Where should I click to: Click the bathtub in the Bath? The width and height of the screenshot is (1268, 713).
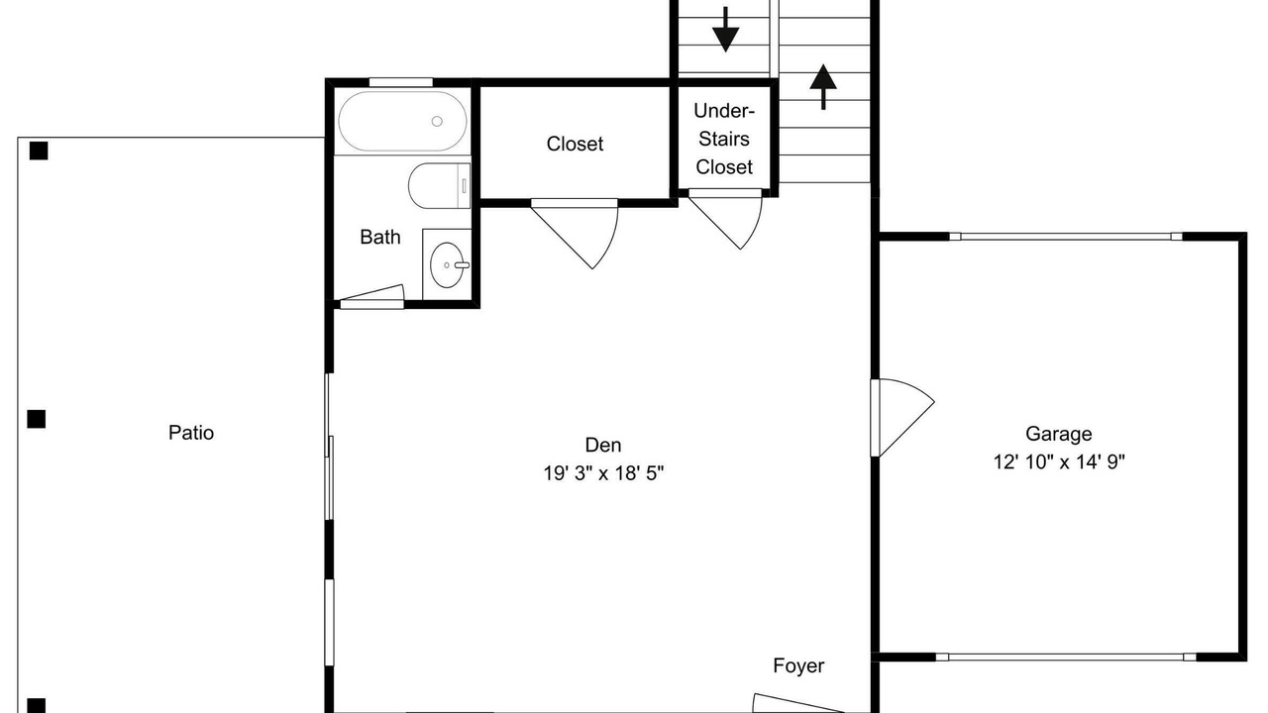pos(402,121)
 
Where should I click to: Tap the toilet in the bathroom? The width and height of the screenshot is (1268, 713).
pos(439,185)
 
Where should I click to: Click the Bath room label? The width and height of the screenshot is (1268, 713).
pos(380,237)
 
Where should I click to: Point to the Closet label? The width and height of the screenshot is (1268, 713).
pos(575,144)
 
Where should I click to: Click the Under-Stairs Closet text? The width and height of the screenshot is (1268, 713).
pos(724,139)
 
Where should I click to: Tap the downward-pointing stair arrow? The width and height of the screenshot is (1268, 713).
pos(725,30)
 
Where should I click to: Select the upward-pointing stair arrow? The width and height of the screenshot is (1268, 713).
pos(823,86)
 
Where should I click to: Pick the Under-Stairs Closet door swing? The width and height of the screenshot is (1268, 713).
pos(726,220)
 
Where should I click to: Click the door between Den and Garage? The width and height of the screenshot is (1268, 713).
pos(902,418)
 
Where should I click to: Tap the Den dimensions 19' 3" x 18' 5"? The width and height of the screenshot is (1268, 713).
pos(603,473)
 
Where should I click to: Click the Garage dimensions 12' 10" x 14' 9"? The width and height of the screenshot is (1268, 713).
pos(1059,462)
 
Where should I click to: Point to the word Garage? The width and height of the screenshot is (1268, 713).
pos(1059,434)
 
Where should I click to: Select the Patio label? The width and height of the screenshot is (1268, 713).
pos(191,433)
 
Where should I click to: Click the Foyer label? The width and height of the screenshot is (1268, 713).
pos(798,665)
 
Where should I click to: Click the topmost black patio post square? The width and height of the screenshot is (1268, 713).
pos(39,151)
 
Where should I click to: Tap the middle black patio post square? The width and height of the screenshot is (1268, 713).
pos(37,419)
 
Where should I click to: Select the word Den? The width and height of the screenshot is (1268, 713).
pos(603,445)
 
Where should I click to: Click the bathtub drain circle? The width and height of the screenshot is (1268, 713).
pos(437,121)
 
